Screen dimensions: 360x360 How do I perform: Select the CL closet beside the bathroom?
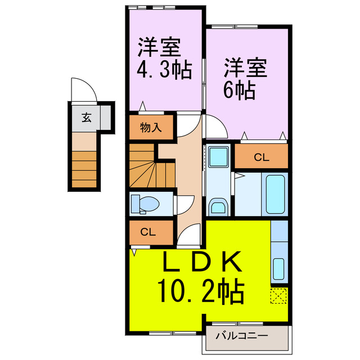tap(261, 157)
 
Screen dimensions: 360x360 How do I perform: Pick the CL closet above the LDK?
tap(148, 231)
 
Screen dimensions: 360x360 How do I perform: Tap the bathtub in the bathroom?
tap(276, 194)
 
